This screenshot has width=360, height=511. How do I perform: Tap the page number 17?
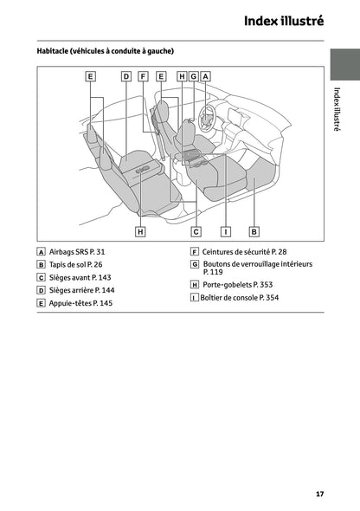pos(319,495)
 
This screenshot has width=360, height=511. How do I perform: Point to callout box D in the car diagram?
pos(125,76)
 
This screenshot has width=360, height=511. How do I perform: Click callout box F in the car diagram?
pos(143,76)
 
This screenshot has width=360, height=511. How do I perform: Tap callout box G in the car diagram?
pos(194,76)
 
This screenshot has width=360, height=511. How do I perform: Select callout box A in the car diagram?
pos(205,76)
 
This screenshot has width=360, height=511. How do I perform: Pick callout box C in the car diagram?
pos(196,231)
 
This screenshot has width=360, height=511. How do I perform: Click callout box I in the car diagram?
pos(225,231)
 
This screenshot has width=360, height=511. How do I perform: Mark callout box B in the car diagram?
pos(254,231)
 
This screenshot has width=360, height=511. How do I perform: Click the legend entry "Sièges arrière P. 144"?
pos(82,290)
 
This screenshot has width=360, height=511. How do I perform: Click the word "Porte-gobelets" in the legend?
pos(229,284)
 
